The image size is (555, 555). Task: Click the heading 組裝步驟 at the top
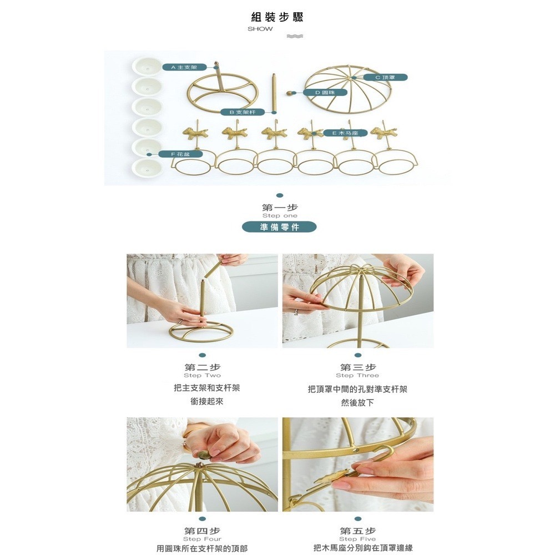[x=277, y=17]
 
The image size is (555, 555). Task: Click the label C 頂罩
[x=385, y=77]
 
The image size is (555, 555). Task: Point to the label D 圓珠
[x=325, y=92]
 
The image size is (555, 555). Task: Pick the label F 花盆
[x=180, y=154]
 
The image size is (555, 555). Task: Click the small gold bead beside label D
[x=292, y=93]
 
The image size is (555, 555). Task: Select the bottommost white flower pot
[x=147, y=167]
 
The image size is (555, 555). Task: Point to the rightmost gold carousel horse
[x=384, y=133]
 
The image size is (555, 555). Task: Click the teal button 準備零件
[x=279, y=227]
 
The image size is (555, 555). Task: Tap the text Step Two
[x=202, y=375]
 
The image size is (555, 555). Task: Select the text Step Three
[x=357, y=375]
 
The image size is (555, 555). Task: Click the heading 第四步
[x=202, y=531]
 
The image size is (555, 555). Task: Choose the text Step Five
[x=357, y=539]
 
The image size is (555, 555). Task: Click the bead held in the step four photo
[x=204, y=454]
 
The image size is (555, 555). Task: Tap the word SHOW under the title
[x=260, y=29]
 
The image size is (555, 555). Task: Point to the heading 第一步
[x=280, y=208]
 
